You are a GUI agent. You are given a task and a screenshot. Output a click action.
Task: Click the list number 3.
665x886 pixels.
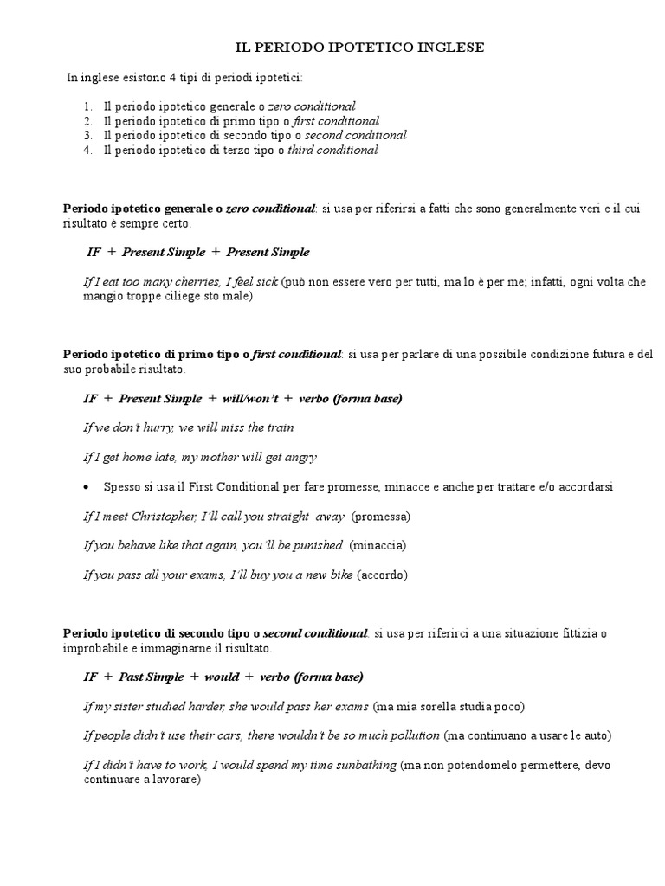tap(88, 135)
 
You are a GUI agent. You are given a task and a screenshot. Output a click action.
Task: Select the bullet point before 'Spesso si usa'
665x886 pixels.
tap(86, 487)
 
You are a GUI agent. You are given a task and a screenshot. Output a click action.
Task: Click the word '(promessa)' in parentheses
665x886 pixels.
tap(380, 517)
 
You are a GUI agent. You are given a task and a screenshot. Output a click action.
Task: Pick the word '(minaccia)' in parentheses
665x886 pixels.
tap(377, 546)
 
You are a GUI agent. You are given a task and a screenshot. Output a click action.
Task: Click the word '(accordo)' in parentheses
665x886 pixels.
tap(382, 575)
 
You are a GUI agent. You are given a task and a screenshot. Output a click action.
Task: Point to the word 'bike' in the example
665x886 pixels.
tap(339, 575)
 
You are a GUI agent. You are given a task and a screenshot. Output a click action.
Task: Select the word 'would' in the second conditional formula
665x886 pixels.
tap(222, 677)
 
